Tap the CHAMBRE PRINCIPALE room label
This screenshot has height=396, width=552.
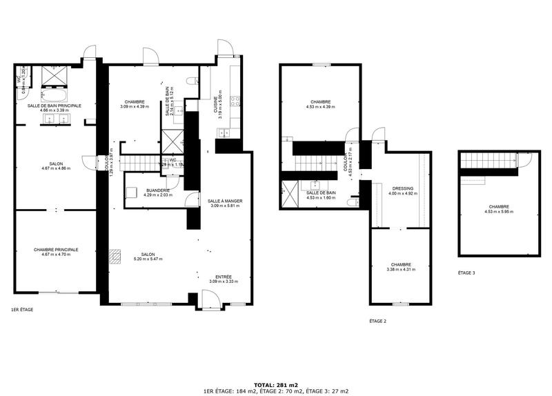pos(56,250)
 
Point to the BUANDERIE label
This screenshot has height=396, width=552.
pos(158,190)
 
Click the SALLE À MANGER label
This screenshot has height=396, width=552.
pos(225,201)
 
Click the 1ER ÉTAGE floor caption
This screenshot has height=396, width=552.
pos(22,310)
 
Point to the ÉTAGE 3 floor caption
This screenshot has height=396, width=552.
pos(467,273)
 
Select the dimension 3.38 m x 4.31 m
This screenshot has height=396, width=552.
pos(401,269)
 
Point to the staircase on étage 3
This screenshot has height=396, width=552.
pos(489,161)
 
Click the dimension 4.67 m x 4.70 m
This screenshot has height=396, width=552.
pos(56,255)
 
